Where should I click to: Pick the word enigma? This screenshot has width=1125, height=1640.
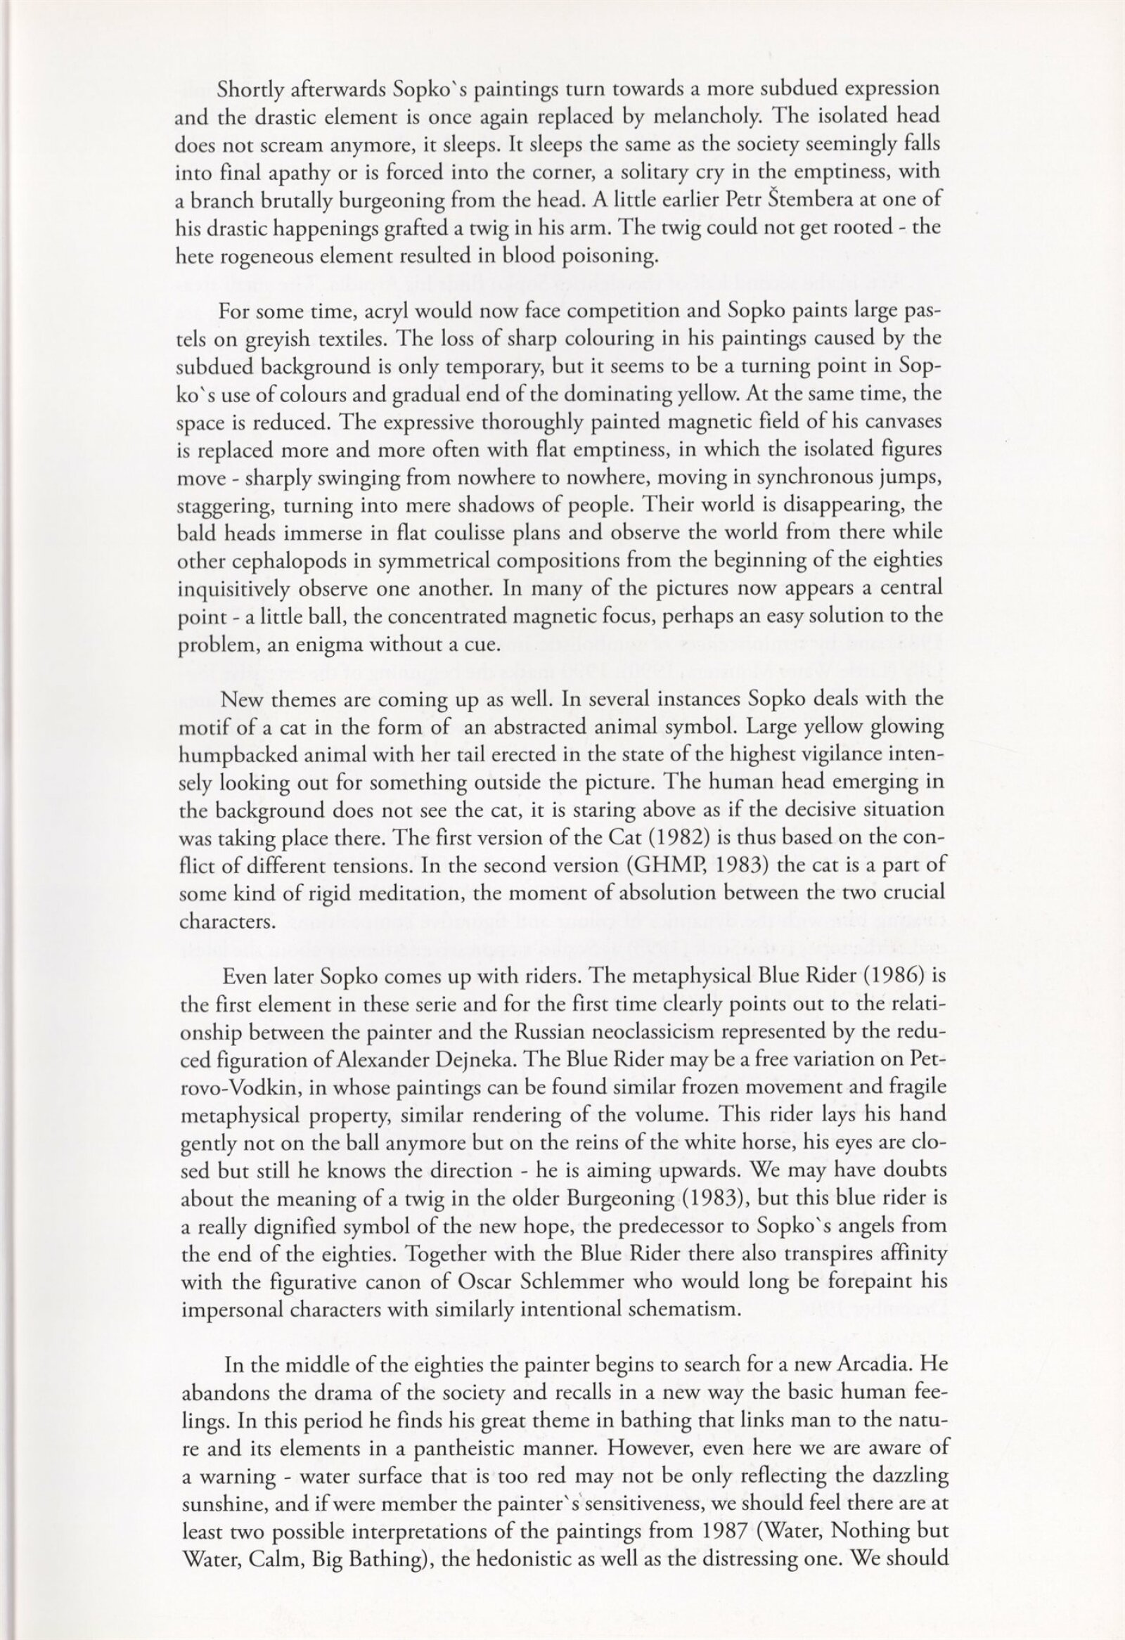[366, 644]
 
